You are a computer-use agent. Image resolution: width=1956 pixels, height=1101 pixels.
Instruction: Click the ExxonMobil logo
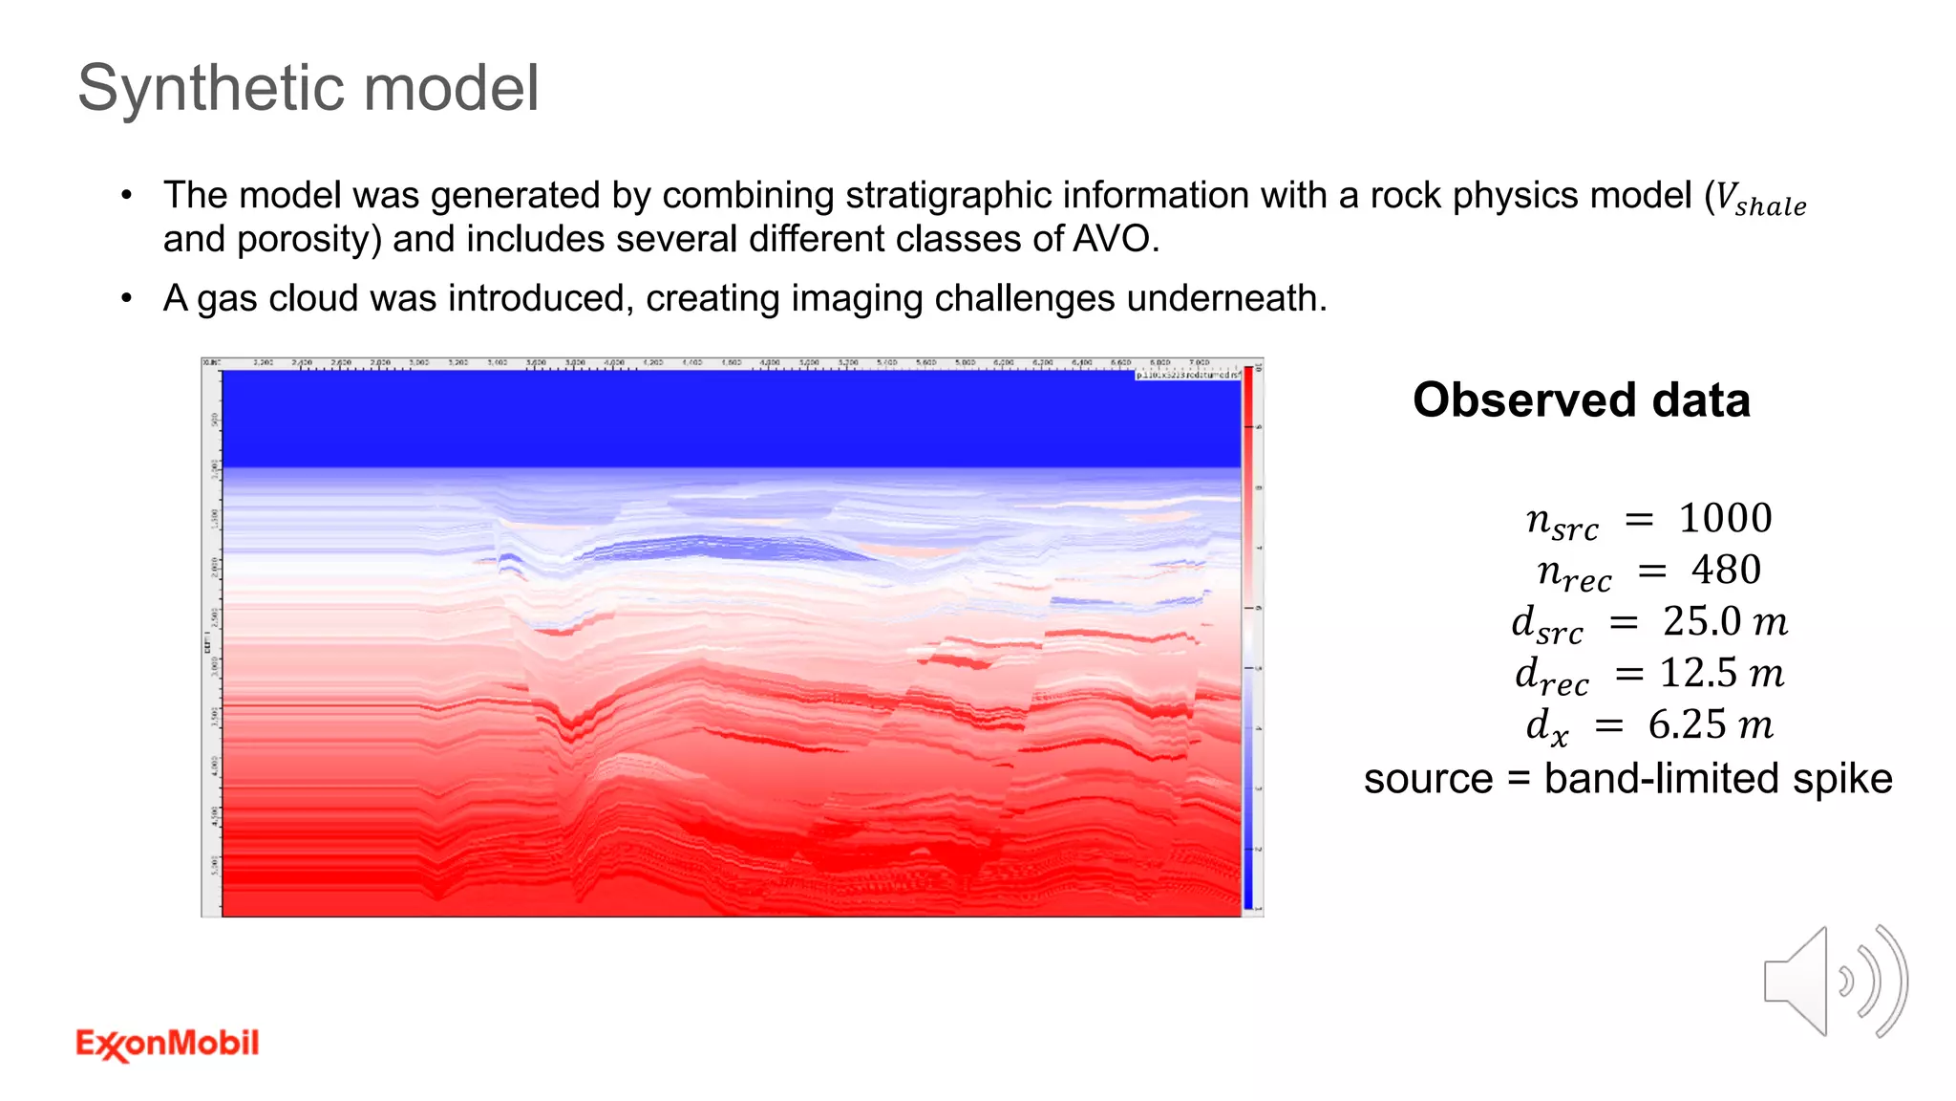pos(167,1044)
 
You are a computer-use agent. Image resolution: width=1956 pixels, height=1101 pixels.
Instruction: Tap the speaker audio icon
pos(1834,982)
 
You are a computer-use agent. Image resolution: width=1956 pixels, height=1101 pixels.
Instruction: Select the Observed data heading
pos(1581,399)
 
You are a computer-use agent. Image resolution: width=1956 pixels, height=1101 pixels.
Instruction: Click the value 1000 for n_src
pos(1725,519)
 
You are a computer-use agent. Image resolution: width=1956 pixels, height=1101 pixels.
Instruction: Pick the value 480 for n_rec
pos(1726,571)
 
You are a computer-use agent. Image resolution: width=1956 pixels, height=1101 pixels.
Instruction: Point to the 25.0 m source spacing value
pos(1724,622)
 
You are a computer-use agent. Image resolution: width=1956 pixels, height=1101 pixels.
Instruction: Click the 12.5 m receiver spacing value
pos(1721,674)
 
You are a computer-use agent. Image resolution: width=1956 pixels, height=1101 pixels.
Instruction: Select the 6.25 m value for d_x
pos(1710,725)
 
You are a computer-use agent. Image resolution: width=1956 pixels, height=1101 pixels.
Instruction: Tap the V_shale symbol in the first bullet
pos(1760,199)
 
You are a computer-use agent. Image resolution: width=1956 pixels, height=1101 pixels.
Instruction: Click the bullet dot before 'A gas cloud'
pos(127,299)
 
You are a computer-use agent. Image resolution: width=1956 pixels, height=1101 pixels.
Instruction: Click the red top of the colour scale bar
pos(1247,382)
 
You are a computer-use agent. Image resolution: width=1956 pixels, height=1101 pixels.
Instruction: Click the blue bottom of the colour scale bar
pos(1247,894)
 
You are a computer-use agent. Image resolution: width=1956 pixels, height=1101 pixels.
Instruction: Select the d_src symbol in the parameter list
pos(1547,624)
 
